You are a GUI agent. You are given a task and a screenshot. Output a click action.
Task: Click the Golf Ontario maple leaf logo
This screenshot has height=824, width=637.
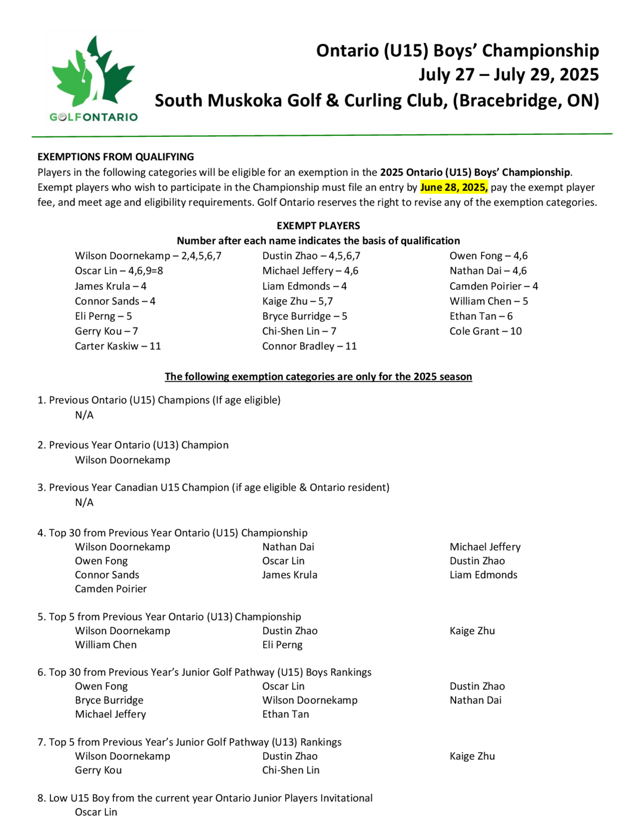93,72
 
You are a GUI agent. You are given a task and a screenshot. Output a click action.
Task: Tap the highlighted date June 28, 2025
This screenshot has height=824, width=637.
454,188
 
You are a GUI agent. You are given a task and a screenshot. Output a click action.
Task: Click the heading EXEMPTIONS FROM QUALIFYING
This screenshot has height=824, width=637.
116,157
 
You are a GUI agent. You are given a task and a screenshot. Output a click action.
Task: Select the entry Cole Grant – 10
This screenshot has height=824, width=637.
485,331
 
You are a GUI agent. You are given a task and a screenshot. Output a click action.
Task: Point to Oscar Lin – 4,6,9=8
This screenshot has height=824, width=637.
119,271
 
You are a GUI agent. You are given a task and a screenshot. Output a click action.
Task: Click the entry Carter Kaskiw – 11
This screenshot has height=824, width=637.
118,346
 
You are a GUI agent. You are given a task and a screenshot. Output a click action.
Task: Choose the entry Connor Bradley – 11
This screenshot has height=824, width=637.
309,346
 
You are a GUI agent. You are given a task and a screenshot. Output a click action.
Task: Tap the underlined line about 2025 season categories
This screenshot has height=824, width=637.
318,377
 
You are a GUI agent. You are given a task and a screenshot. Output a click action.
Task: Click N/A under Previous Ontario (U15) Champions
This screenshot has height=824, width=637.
84,415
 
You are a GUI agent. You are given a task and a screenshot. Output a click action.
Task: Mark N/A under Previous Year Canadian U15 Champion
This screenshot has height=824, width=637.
84,502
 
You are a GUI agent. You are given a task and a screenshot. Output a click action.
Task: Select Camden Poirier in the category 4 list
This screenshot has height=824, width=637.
111,589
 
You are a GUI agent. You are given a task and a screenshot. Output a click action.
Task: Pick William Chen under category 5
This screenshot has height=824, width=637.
106,645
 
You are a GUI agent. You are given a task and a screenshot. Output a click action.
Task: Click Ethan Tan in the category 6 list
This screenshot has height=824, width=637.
285,714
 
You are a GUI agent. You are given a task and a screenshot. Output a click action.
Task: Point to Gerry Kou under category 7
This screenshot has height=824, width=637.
98,770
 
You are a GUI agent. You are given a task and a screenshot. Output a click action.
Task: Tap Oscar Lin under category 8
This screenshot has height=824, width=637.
96,812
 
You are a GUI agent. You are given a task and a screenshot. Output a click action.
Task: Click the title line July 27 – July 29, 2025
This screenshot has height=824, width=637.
508,75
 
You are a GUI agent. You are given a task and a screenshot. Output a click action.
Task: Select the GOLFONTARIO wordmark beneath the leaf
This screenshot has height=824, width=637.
94,117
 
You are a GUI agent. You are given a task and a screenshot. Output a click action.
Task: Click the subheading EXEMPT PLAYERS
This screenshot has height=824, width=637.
318,226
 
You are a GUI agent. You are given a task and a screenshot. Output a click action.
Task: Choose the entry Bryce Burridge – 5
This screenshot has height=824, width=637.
304,316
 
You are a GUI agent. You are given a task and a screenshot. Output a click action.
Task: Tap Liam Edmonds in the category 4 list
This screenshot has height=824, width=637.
483,575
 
